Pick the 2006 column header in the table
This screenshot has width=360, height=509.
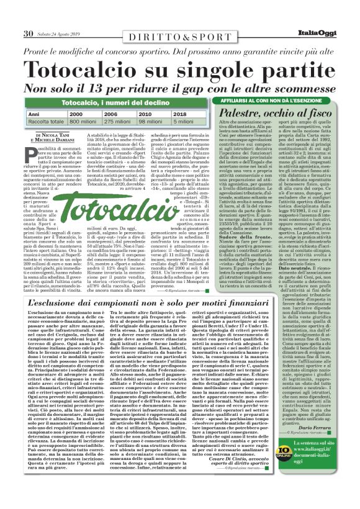point(112,115)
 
